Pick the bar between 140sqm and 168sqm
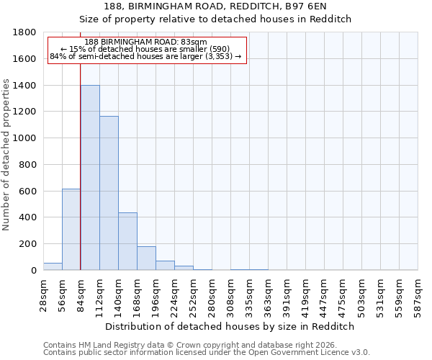click(127, 241)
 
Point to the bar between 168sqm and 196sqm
click(146, 258)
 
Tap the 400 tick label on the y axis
click(29, 217)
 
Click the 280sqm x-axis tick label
click(212, 293)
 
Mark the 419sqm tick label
click(306, 293)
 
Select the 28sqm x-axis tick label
click(43, 293)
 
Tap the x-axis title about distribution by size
click(231, 326)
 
